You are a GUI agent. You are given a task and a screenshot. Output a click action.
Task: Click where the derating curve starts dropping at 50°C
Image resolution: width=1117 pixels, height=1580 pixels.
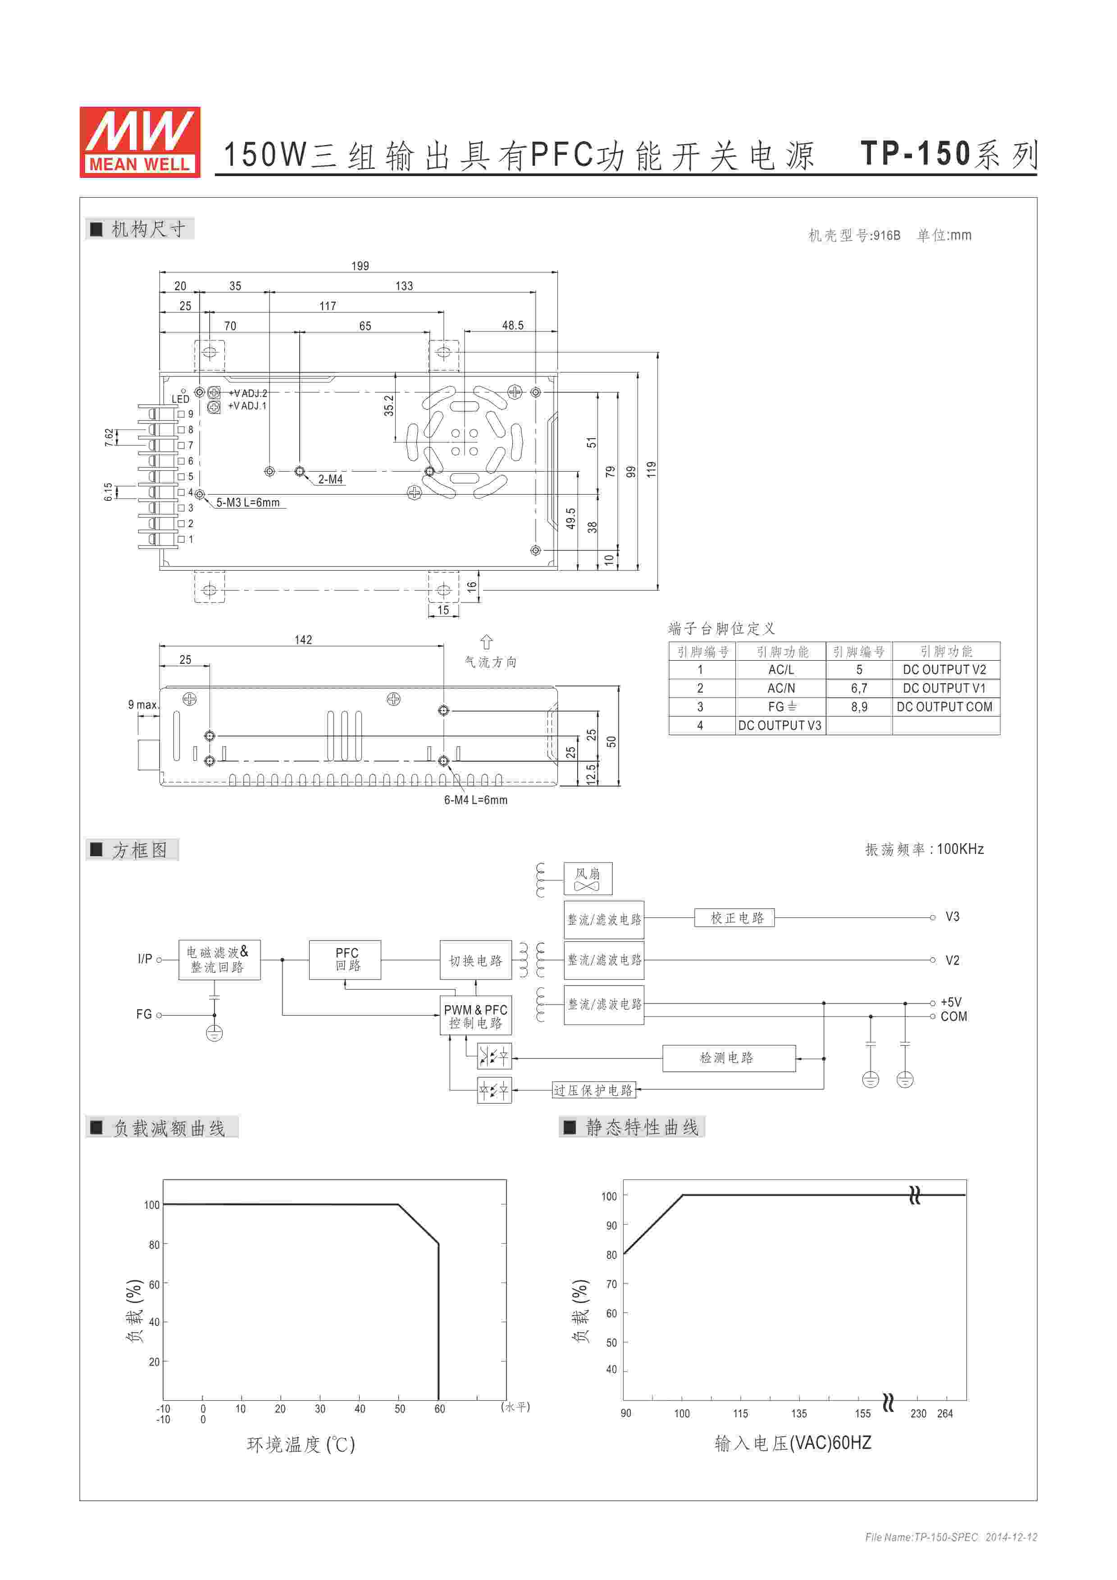click(398, 1204)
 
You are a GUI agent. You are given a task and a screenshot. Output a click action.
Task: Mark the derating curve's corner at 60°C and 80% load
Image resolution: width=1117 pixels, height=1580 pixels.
click(438, 1244)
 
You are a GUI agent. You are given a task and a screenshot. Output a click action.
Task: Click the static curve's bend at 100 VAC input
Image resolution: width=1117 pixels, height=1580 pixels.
click(683, 1194)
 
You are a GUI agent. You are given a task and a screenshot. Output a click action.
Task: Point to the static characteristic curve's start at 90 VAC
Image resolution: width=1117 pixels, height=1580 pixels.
click(624, 1254)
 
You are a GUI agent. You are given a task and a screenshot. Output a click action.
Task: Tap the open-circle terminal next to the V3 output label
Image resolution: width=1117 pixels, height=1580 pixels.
click(933, 917)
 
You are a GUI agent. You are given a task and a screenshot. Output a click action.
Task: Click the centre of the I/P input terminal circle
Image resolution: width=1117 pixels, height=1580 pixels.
click(159, 959)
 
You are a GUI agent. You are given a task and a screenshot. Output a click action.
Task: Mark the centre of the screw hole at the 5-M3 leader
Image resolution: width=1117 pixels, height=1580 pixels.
click(200, 494)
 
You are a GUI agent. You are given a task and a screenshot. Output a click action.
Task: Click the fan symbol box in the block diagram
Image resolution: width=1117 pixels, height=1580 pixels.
click(588, 879)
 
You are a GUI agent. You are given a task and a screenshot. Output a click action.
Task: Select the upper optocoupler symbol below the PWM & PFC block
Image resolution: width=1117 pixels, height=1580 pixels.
click(494, 1056)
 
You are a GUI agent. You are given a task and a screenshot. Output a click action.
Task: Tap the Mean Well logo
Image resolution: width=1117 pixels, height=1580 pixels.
click(140, 142)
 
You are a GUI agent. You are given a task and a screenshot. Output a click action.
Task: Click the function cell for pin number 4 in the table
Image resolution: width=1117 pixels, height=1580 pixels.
click(780, 725)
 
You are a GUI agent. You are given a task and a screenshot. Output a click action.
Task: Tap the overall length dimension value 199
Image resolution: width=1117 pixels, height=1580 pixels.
click(360, 266)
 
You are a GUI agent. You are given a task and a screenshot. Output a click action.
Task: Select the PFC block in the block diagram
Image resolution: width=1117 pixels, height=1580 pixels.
click(347, 959)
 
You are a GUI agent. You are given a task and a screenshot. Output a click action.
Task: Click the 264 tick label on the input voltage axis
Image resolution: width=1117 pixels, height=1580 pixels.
click(945, 1413)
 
